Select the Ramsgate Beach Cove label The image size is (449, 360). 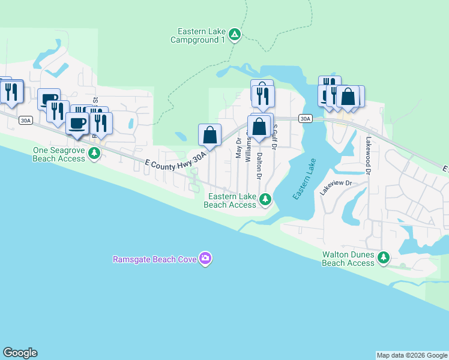[x=155, y=259]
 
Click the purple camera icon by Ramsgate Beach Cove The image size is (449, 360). [x=205, y=259]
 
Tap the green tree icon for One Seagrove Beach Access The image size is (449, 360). [x=94, y=154]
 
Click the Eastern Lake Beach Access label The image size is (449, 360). [x=230, y=200]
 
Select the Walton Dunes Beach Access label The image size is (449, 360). [x=348, y=259]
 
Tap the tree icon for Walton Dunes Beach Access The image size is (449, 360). [x=383, y=258]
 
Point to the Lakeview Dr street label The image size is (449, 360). [x=335, y=188]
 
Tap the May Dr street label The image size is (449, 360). [x=238, y=149]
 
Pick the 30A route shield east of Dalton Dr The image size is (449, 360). [x=306, y=119]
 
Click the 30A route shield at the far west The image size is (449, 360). [x=25, y=120]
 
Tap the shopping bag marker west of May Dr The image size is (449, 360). [x=210, y=134]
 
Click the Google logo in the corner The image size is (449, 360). [x=20, y=353]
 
